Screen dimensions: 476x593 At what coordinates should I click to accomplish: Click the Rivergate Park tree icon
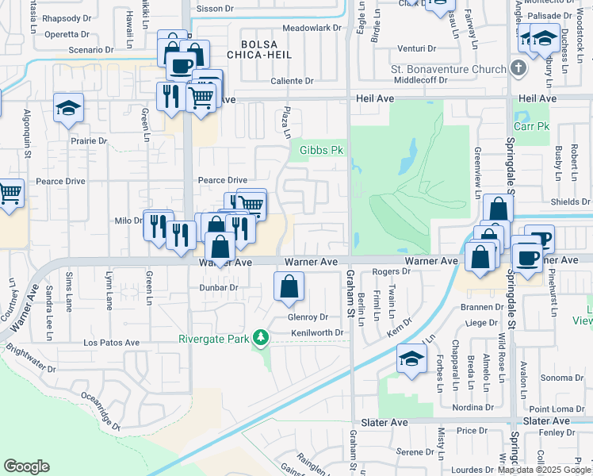point(260,339)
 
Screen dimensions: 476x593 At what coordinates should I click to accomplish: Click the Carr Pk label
point(531,126)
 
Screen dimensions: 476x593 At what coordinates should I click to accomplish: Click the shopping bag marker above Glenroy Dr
point(289,287)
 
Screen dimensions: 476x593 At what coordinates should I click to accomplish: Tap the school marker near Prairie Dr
point(68,107)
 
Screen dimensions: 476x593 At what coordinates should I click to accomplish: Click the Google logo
point(27,466)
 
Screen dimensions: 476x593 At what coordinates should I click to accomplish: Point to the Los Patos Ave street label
point(111,344)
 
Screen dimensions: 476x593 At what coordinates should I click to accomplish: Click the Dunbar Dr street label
point(218,288)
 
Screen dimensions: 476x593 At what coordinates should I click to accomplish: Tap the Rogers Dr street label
point(391,271)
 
